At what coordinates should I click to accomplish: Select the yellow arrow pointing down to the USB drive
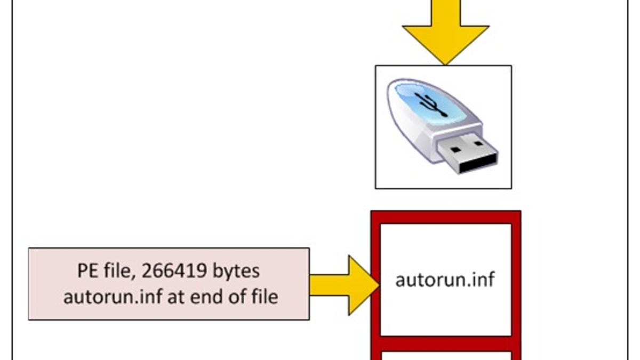[445, 32]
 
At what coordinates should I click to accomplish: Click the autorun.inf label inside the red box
[445, 279]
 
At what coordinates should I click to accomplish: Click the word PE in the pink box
[86, 271]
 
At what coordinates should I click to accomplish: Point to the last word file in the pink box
[263, 297]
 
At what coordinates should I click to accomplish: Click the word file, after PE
[118, 271]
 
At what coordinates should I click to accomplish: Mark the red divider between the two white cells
[445, 343]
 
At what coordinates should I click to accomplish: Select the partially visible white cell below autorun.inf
[445, 355]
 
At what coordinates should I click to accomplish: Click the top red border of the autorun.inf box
[445, 217]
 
